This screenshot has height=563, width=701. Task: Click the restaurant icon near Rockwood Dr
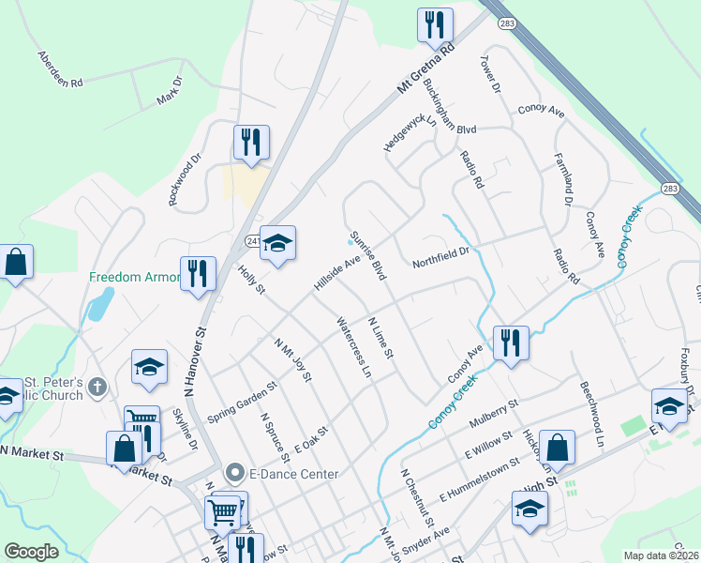(251, 142)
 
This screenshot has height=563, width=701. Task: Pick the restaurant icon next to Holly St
(198, 273)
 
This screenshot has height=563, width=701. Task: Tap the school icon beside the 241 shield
(277, 243)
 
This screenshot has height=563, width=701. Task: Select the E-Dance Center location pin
(234, 474)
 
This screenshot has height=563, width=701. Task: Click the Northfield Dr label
(440, 257)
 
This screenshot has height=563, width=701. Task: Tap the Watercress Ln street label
(354, 348)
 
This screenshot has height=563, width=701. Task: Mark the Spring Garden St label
(243, 401)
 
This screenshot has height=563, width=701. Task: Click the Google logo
(31, 552)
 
